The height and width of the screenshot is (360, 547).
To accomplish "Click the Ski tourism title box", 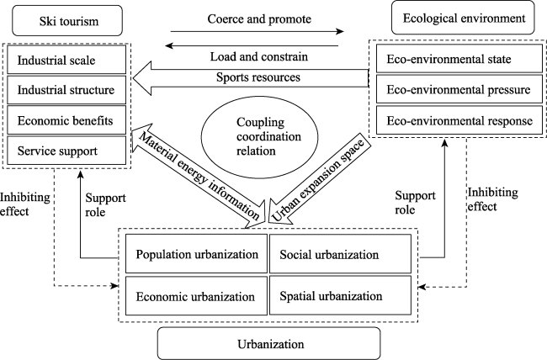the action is click(x=67, y=20).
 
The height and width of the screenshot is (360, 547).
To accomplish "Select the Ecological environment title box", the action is click(x=463, y=18).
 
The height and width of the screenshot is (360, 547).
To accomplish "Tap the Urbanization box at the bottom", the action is click(x=269, y=343).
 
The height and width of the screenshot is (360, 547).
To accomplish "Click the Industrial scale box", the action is click(x=66, y=60).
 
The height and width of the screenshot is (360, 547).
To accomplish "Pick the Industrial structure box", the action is click(x=66, y=90).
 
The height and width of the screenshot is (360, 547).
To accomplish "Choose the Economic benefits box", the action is click(x=66, y=120).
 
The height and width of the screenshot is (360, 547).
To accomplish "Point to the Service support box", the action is click(x=66, y=151).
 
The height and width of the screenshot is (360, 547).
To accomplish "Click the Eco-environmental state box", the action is click(x=459, y=59).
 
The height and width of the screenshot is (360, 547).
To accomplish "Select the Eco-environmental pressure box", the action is click(x=459, y=89).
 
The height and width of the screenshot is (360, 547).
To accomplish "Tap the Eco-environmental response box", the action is click(x=459, y=120).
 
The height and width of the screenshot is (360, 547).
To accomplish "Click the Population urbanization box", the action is click(x=196, y=254).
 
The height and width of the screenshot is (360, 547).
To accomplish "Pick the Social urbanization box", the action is click(x=341, y=254).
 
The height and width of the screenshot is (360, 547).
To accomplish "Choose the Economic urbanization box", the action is click(x=196, y=296).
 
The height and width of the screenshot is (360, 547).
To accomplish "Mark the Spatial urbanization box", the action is click(x=341, y=296).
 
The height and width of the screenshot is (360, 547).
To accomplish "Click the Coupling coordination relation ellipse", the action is click(x=260, y=136).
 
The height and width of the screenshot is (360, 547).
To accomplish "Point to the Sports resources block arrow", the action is click(x=251, y=78).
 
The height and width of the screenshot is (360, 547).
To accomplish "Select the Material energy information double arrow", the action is click(x=199, y=176).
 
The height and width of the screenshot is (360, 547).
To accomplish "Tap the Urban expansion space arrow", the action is click(x=316, y=178).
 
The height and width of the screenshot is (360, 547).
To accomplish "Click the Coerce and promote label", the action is click(x=259, y=19).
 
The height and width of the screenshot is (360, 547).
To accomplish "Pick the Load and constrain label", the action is click(x=259, y=56).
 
